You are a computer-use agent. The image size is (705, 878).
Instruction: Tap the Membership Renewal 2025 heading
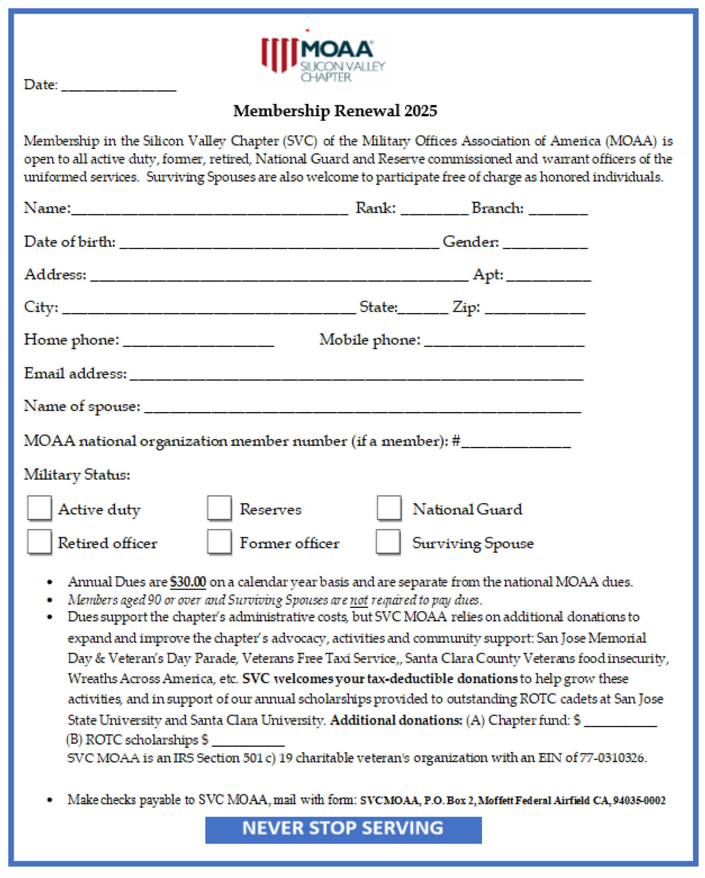(x=335, y=111)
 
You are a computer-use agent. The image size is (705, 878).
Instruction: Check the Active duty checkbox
(x=39, y=508)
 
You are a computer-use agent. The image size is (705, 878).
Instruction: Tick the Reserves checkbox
(x=219, y=508)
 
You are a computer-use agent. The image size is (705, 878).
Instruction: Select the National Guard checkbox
(x=389, y=508)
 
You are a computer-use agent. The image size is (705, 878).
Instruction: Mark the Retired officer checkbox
(x=39, y=542)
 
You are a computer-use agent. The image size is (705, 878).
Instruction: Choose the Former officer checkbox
(x=219, y=542)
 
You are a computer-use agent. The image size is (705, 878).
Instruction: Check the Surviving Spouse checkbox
(x=388, y=542)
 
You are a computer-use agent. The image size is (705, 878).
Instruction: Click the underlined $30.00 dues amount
(x=188, y=582)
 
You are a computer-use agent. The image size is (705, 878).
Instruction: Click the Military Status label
(x=77, y=474)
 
